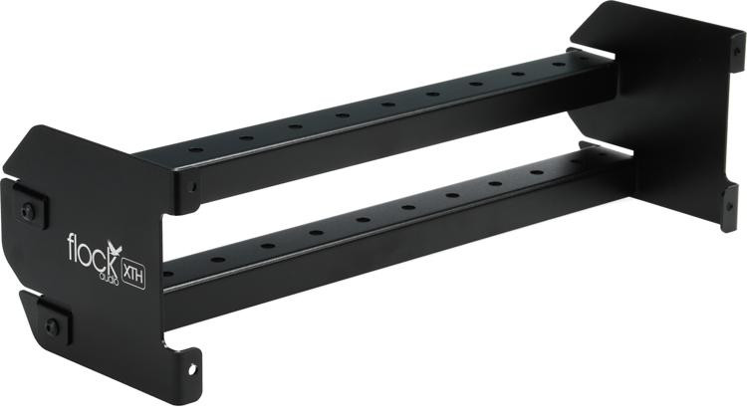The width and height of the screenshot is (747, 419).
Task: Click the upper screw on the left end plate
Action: tap(27, 210)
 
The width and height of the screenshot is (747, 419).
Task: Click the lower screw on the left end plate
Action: tap(51, 326)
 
